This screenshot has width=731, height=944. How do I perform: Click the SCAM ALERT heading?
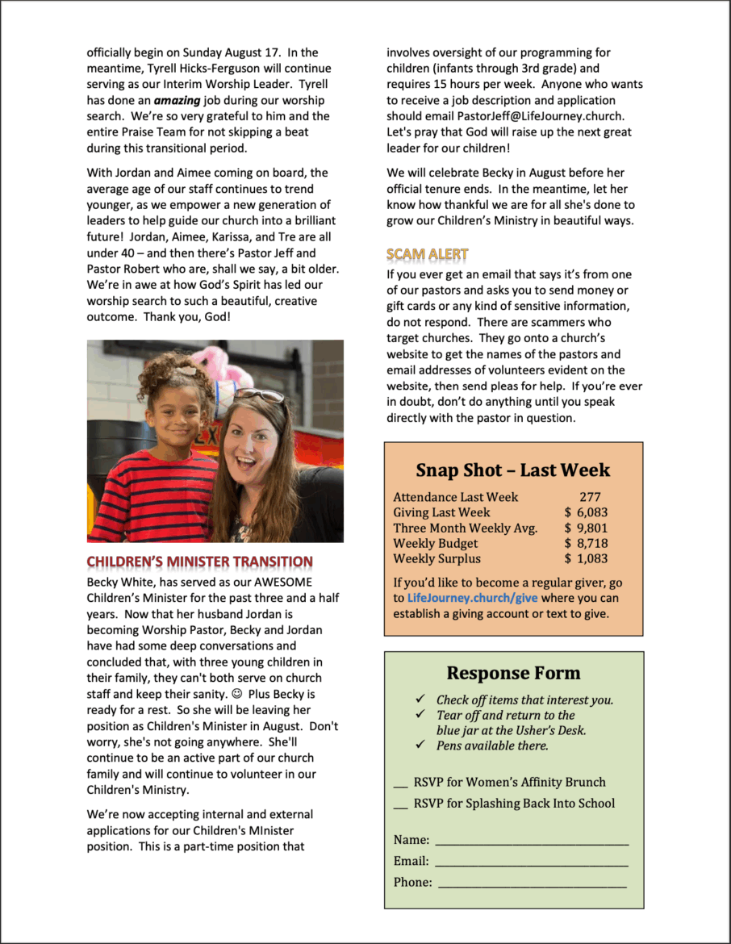[427, 254]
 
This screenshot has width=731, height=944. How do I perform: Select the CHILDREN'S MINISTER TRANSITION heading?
[199, 562]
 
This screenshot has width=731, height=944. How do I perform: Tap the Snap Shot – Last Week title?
[512, 470]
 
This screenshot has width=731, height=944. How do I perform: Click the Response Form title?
[513, 674]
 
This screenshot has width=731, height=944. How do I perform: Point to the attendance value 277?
[590, 497]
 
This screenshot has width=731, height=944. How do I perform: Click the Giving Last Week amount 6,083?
[591, 512]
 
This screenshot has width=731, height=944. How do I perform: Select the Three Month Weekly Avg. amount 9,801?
[591, 528]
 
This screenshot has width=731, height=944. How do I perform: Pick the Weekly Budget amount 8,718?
[591, 544]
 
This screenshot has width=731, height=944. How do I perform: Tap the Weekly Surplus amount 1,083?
[591, 558]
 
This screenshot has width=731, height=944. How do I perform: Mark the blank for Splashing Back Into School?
[400, 804]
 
